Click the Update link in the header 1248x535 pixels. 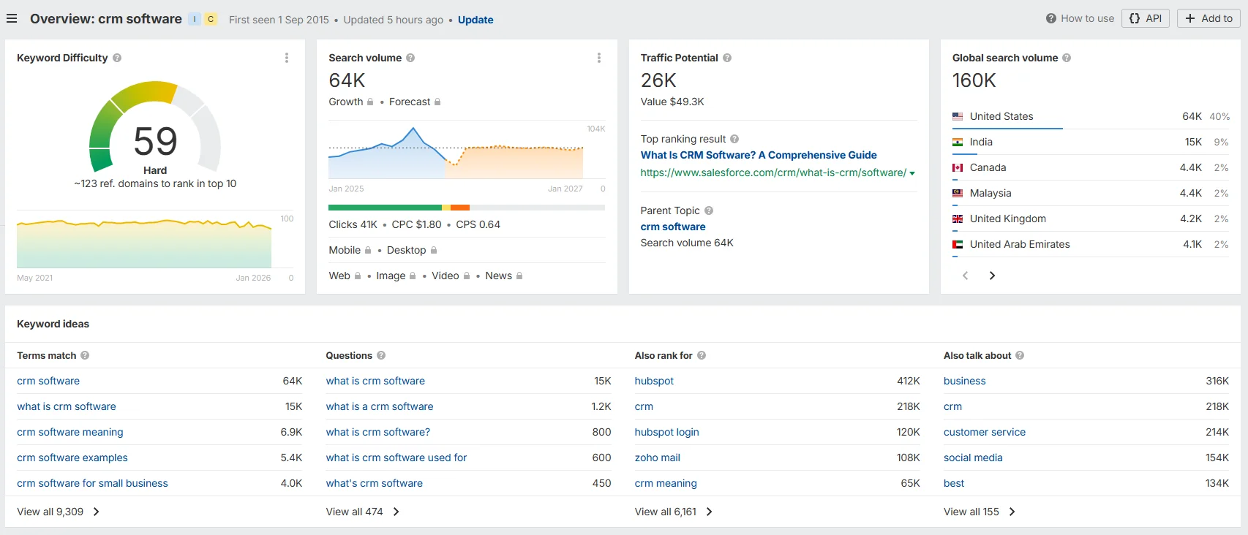475,20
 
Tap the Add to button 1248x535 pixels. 1208,18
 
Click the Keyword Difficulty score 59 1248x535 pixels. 155,141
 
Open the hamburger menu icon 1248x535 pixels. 12,18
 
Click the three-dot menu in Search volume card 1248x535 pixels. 599,58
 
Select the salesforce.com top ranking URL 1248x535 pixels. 773,172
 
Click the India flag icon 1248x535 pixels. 958,142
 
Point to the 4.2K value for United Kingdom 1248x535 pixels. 1191,219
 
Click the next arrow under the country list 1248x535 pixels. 992,276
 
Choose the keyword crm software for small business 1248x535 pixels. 92,483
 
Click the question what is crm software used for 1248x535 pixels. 396,458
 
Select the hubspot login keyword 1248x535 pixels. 666,432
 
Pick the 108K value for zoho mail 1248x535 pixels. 908,458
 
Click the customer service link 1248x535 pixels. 984,432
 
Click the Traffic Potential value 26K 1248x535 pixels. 658,80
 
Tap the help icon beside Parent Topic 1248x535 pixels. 709,210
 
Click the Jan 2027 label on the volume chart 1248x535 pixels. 565,189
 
